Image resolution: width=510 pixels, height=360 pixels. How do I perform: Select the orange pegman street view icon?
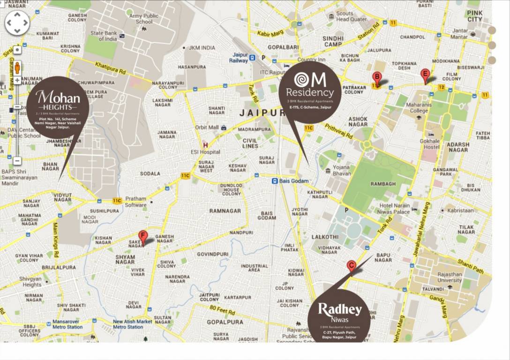tap(17, 67)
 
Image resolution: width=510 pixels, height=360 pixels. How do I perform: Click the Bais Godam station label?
tap(293, 181)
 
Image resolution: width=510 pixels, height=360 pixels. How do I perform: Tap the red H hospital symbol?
tap(205, 145)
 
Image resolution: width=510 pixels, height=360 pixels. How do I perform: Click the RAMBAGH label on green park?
tap(383, 184)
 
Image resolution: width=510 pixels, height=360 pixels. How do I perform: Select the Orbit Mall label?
tap(207, 127)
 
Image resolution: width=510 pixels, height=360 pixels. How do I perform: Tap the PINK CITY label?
tap(474, 16)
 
